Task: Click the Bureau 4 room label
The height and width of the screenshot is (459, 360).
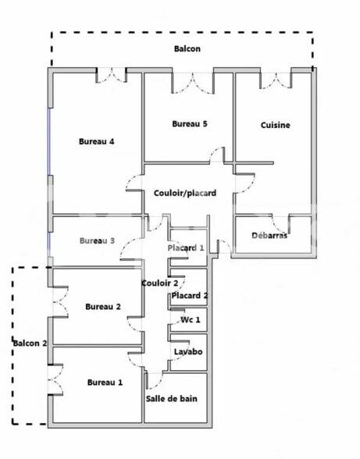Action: point(97,141)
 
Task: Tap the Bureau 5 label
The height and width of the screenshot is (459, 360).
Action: point(190,123)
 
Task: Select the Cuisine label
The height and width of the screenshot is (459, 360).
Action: point(276,125)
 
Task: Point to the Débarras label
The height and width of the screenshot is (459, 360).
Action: point(269,235)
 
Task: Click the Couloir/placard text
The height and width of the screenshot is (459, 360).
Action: point(184,193)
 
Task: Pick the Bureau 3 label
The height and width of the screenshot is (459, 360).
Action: point(97,240)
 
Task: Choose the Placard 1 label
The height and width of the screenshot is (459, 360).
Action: point(186,248)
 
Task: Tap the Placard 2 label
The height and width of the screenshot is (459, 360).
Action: point(190,296)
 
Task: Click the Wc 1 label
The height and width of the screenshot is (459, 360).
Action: point(190,320)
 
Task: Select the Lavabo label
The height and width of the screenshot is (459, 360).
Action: point(188,352)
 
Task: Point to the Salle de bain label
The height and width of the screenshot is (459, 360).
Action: point(172,398)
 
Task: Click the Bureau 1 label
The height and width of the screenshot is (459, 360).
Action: point(105,382)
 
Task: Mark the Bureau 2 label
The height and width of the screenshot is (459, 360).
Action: point(102,307)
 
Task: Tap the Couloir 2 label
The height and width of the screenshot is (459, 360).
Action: point(159,283)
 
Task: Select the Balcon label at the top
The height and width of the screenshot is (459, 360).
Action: point(187,48)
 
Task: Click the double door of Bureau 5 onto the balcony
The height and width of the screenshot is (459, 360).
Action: point(194,80)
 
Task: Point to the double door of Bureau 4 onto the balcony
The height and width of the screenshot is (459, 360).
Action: point(111,76)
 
